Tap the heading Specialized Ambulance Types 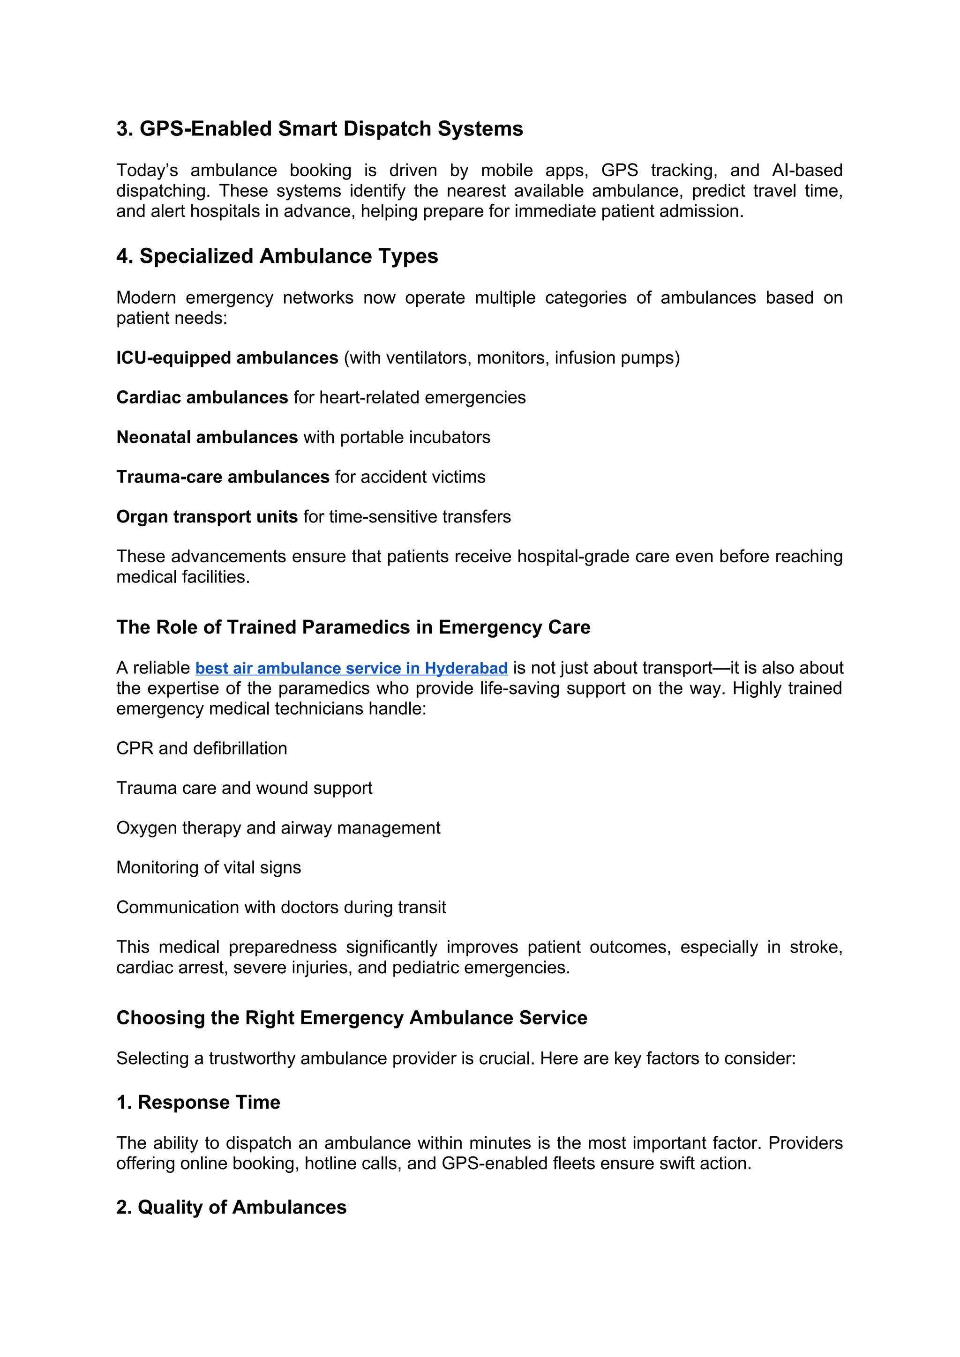pyautogui.click(x=277, y=256)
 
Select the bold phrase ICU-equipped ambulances pyautogui.click(x=227, y=358)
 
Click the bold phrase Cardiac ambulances pyautogui.click(x=202, y=397)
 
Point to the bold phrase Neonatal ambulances pyautogui.click(x=207, y=437)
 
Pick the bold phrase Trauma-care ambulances pyautogui.click(x=223, y=477)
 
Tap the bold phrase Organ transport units pyautogui.click(x=207, y=516)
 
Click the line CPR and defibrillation pyautogui.click(x=202, y=748)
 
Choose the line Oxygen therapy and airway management pyautogui.click(x=278, y=828)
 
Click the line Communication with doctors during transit pyautogui.click(x=281, y=907)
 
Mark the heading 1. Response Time pyautogui.click(x=199, y=1102)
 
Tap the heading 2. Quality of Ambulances pyautogui.click(x=232, y=1207)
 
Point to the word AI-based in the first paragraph pyautogui.click(x=807, y=170)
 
